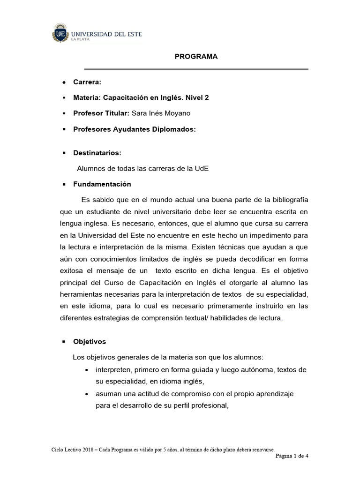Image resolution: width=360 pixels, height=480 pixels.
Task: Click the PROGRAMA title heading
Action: click(196, 56)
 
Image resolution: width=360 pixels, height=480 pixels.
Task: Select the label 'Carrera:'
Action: click(87, 82)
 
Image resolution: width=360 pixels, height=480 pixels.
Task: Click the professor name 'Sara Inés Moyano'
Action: click(167, 113)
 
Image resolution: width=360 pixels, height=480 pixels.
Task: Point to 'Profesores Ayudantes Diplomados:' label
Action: click(134, 129)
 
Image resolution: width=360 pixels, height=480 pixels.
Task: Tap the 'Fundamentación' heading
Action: click(102, 184)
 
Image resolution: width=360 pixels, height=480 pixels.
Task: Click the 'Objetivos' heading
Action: click(90, 341)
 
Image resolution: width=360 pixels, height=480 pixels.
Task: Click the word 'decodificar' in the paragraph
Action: click(251, 259)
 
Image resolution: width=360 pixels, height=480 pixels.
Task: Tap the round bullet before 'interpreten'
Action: click(86, 370)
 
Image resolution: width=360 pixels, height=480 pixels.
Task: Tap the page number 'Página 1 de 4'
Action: click(292, 456)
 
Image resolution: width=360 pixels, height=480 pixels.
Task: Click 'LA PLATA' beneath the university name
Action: click(80, 40)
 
